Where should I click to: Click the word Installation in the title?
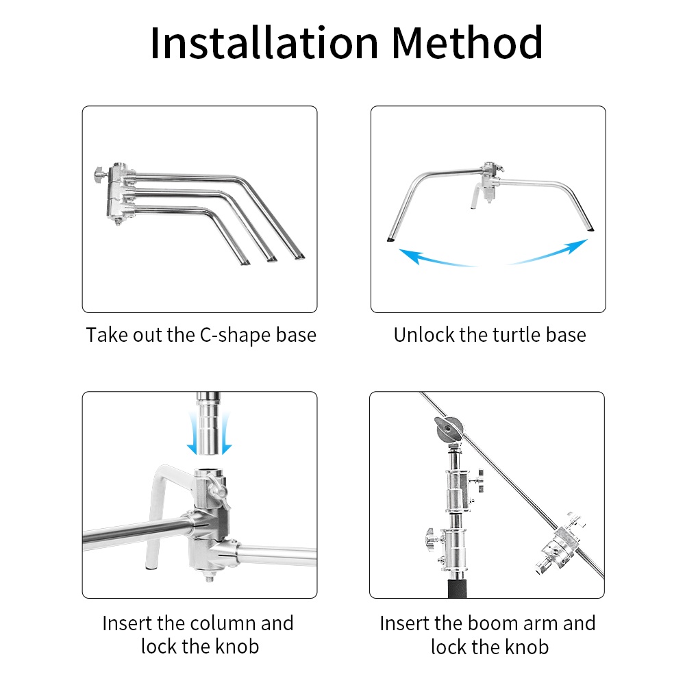264,42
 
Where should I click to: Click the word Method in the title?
467,42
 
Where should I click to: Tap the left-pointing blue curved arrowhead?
410,256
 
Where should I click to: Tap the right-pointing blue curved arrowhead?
577,247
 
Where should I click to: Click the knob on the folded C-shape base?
99,175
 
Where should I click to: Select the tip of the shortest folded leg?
245,262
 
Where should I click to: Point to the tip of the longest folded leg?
300,258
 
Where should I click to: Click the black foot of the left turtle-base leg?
390,239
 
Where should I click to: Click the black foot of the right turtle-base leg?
590,229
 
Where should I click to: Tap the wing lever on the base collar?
218,490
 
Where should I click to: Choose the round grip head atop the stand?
449,430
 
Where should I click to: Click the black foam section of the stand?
458,588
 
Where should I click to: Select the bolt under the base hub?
209,577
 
